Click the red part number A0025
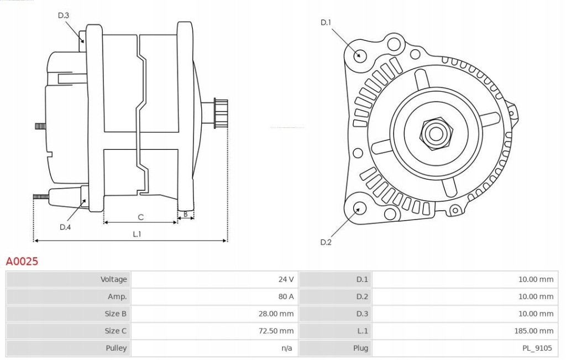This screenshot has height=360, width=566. [22, 262]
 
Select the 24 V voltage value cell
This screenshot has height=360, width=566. [286, 279]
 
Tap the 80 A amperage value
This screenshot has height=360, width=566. [286, 296]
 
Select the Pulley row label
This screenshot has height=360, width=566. [116, 348]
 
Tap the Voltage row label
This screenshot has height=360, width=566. [113, 279]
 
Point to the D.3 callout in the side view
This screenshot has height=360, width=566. [64, 15]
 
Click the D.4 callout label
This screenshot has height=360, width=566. [65, 227]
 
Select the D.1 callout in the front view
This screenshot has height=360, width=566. [326, 23]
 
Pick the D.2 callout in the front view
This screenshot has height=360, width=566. [326, 242]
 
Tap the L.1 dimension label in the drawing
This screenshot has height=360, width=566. [137, 234]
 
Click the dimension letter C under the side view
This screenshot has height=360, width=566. [140, 217]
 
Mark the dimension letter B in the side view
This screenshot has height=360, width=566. [186, 213]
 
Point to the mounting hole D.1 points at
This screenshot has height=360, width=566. [359, 55]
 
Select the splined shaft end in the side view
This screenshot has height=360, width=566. [221, 113]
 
